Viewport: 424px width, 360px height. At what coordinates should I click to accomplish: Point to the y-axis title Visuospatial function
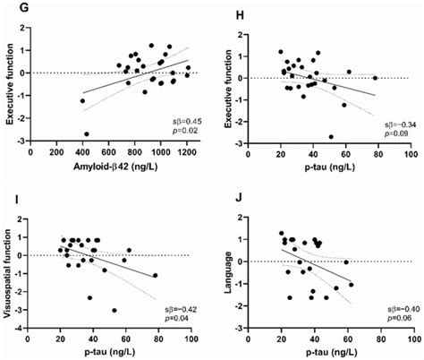(10, 270)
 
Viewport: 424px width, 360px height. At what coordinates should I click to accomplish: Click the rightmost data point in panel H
(375, 78)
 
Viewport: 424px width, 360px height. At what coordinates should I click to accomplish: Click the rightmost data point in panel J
(351, 284)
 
